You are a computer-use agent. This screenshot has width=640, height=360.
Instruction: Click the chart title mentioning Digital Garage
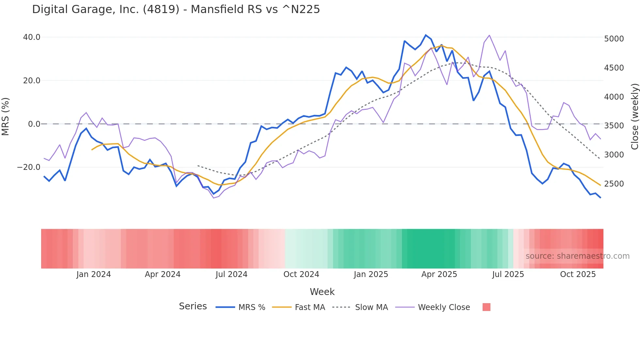(x=176, y=9)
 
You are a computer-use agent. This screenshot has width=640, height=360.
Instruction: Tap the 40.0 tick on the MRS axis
(x=32, y=37)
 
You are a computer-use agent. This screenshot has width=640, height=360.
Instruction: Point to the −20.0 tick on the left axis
(x=29, y=167)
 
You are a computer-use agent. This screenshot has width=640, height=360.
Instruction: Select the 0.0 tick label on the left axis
(x=34, y=124)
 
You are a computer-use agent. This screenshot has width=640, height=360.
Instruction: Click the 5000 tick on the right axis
(x=614, y=39)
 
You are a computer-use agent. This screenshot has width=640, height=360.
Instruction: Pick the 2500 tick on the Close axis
(x=614, y=184)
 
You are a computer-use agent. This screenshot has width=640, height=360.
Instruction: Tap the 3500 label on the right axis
(x=614, y=126)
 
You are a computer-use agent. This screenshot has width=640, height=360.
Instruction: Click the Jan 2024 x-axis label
(x=94, y=274)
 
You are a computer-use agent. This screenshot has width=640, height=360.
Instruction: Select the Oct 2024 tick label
(x=301, y=274)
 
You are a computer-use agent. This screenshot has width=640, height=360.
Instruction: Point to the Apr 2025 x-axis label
(x=439, y=274)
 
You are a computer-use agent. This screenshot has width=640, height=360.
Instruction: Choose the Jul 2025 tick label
(x=508, y=274)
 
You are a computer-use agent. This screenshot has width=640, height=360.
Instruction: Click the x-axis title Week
(x=322, y=292)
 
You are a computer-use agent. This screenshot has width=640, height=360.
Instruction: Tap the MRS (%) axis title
(x=6, y=116)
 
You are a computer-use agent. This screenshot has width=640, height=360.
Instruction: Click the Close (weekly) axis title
(x=634, y=117)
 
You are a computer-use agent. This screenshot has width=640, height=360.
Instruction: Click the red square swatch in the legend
(x=486, y=307)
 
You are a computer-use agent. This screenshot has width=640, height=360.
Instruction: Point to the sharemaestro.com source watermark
(x=577, y=256)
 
